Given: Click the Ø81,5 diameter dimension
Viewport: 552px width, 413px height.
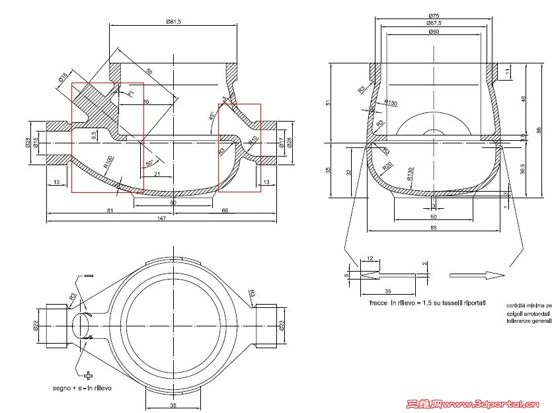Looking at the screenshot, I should pos(173,22).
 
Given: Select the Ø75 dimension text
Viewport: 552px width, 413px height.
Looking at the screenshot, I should pos(434,15).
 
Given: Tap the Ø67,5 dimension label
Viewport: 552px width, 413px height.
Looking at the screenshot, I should pos(434,23).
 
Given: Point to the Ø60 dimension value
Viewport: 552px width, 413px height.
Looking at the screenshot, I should pos(434,32).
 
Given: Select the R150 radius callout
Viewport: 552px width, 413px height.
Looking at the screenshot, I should pos(390,103).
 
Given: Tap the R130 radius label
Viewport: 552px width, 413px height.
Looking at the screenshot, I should pos(410,174).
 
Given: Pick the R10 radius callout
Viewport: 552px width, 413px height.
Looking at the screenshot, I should pos(253,139).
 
